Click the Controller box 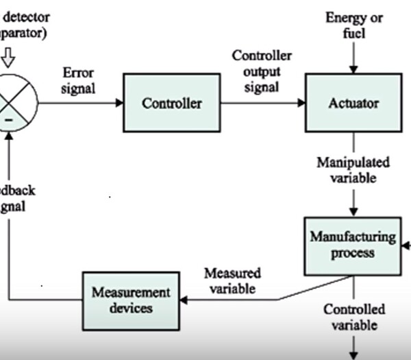pos(172,104)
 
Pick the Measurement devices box pos(122,300)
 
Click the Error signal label pos(79,80)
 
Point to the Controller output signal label pos(261,71)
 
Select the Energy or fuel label pos(354,25)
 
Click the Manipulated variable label pos(353,171)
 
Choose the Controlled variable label pos(354,317)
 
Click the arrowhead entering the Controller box pos(119,104)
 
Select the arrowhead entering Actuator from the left pos(301,104)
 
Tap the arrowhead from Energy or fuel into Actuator pos(353,69)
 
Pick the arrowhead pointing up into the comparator pos(9,136)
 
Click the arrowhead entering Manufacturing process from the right pos(407,245)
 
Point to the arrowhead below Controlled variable pos(354,355)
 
